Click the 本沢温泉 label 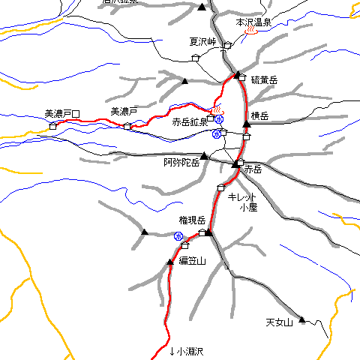(253, 22)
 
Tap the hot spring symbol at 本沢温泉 (252, 31)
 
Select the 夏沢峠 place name (202, 42)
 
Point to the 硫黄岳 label (264, 79)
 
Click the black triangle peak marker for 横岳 (246, 124)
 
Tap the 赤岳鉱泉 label (190, 121)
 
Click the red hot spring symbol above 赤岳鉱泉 (217, 109)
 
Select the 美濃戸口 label (62, 114)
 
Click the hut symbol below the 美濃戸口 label (52, 126)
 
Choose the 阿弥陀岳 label (181, 163)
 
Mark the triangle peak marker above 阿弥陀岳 (203, 156)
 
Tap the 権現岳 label (191, 220)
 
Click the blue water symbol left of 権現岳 (178, 236)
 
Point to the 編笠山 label (191, 260)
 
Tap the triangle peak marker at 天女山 (302, 320)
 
